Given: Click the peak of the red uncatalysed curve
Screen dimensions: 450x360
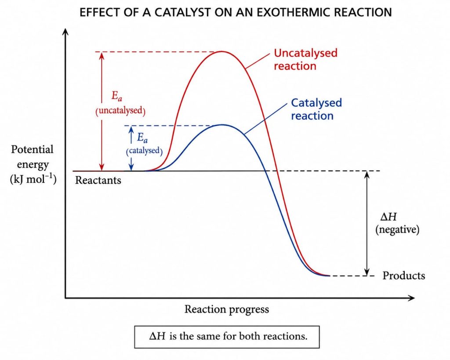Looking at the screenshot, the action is pos(221,51).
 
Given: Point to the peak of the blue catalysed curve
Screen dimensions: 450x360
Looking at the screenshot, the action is pos(222,125).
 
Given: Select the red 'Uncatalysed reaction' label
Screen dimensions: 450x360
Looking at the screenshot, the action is pos(306,59).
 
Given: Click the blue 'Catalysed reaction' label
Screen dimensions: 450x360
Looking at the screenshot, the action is pos(316,109).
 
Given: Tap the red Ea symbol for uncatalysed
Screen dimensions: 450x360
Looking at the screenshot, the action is pos(116,96).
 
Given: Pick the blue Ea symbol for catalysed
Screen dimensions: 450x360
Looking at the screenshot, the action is pos(142,138).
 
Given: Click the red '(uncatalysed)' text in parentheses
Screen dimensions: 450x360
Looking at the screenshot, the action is pos(120,110).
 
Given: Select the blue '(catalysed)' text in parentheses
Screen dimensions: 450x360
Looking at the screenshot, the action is pos(144,151).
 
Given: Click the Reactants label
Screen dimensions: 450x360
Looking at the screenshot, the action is pos(98,180).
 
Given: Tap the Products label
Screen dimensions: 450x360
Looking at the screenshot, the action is pos(404,276).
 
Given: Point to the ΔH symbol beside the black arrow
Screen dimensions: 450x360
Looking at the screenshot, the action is pos(388,217).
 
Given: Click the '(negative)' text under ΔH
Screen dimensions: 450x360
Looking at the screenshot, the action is pos(397,229).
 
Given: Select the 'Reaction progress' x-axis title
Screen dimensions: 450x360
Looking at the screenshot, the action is pos(227,309).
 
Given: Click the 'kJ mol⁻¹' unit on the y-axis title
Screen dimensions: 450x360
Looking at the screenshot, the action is pos(33,179).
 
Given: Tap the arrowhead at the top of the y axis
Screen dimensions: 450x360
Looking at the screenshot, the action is pos(66,32).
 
